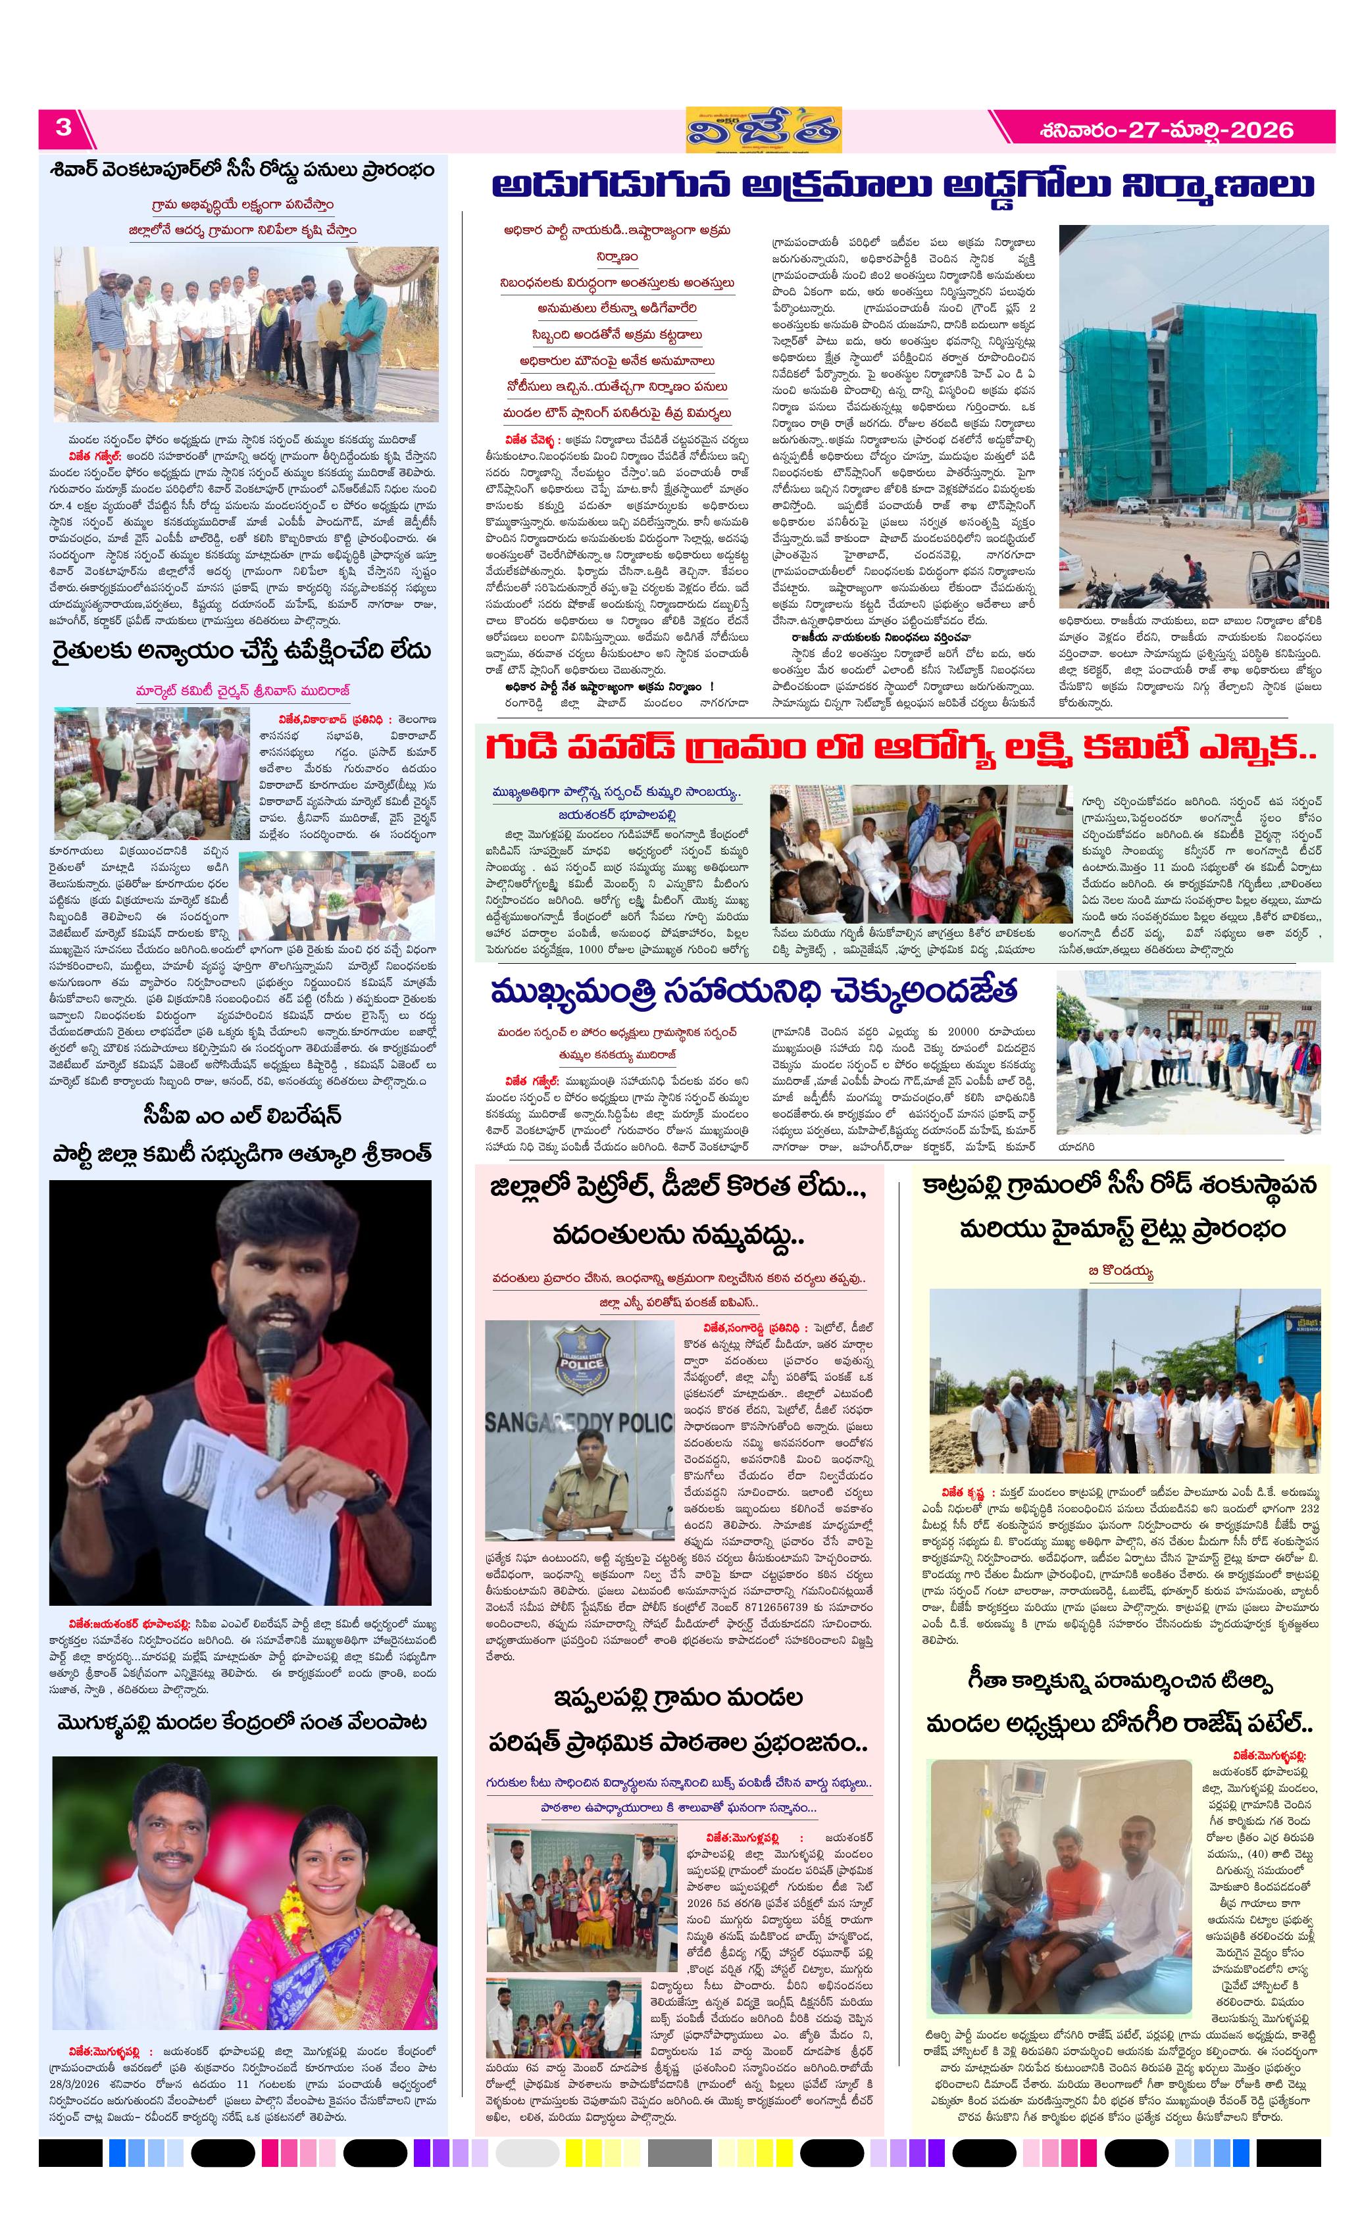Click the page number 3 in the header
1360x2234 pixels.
[x=63, y=128]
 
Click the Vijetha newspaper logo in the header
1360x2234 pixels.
[x=763, y=130]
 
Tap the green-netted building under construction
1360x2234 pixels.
[x=1170, y=399]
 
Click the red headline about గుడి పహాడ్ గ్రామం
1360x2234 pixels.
[x=900, y=749]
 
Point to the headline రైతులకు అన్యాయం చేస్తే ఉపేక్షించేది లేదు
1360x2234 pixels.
[x=240, y=651]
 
